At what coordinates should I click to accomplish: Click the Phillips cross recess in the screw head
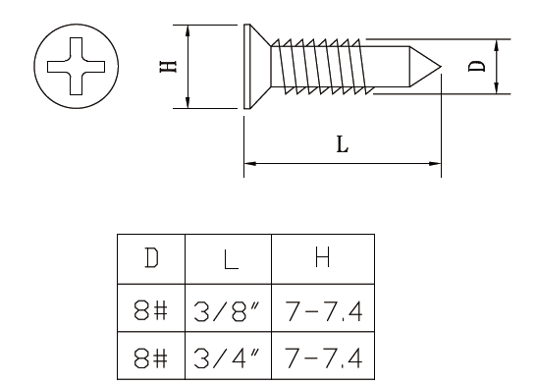coord(76,66)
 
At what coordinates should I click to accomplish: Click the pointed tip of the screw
coord(441,67)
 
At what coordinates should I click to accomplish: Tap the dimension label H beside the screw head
coord(168,67)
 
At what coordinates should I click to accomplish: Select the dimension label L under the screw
coord(343,144)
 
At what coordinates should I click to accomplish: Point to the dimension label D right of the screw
coord(477,66)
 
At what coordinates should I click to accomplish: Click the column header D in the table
coord(151,258)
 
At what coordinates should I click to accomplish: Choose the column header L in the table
coord(231,258)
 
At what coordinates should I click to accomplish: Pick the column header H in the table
coord(322,257)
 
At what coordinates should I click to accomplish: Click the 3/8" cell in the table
coord(228,311)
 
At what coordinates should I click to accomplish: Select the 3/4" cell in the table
coord(228,357)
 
